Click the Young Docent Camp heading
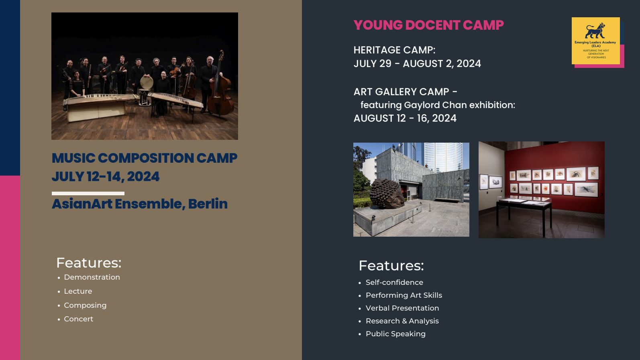pos(428,25)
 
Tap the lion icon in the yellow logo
pos(595,31)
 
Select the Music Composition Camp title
pos(145,158)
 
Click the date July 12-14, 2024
pos(106,176)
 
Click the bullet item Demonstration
pos(92,277)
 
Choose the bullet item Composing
pos(85,305)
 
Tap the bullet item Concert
pos(79,319)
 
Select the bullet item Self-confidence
pos(395,282)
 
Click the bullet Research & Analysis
pos(402,321)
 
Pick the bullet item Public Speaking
pos(396,334)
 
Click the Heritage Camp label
pos(395,50)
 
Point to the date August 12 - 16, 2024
pos(405,118)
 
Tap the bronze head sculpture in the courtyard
pos(387,194)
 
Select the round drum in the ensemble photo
pos(147,82)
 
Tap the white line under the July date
pos(88,193)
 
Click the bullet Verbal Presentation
pos(402,308)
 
